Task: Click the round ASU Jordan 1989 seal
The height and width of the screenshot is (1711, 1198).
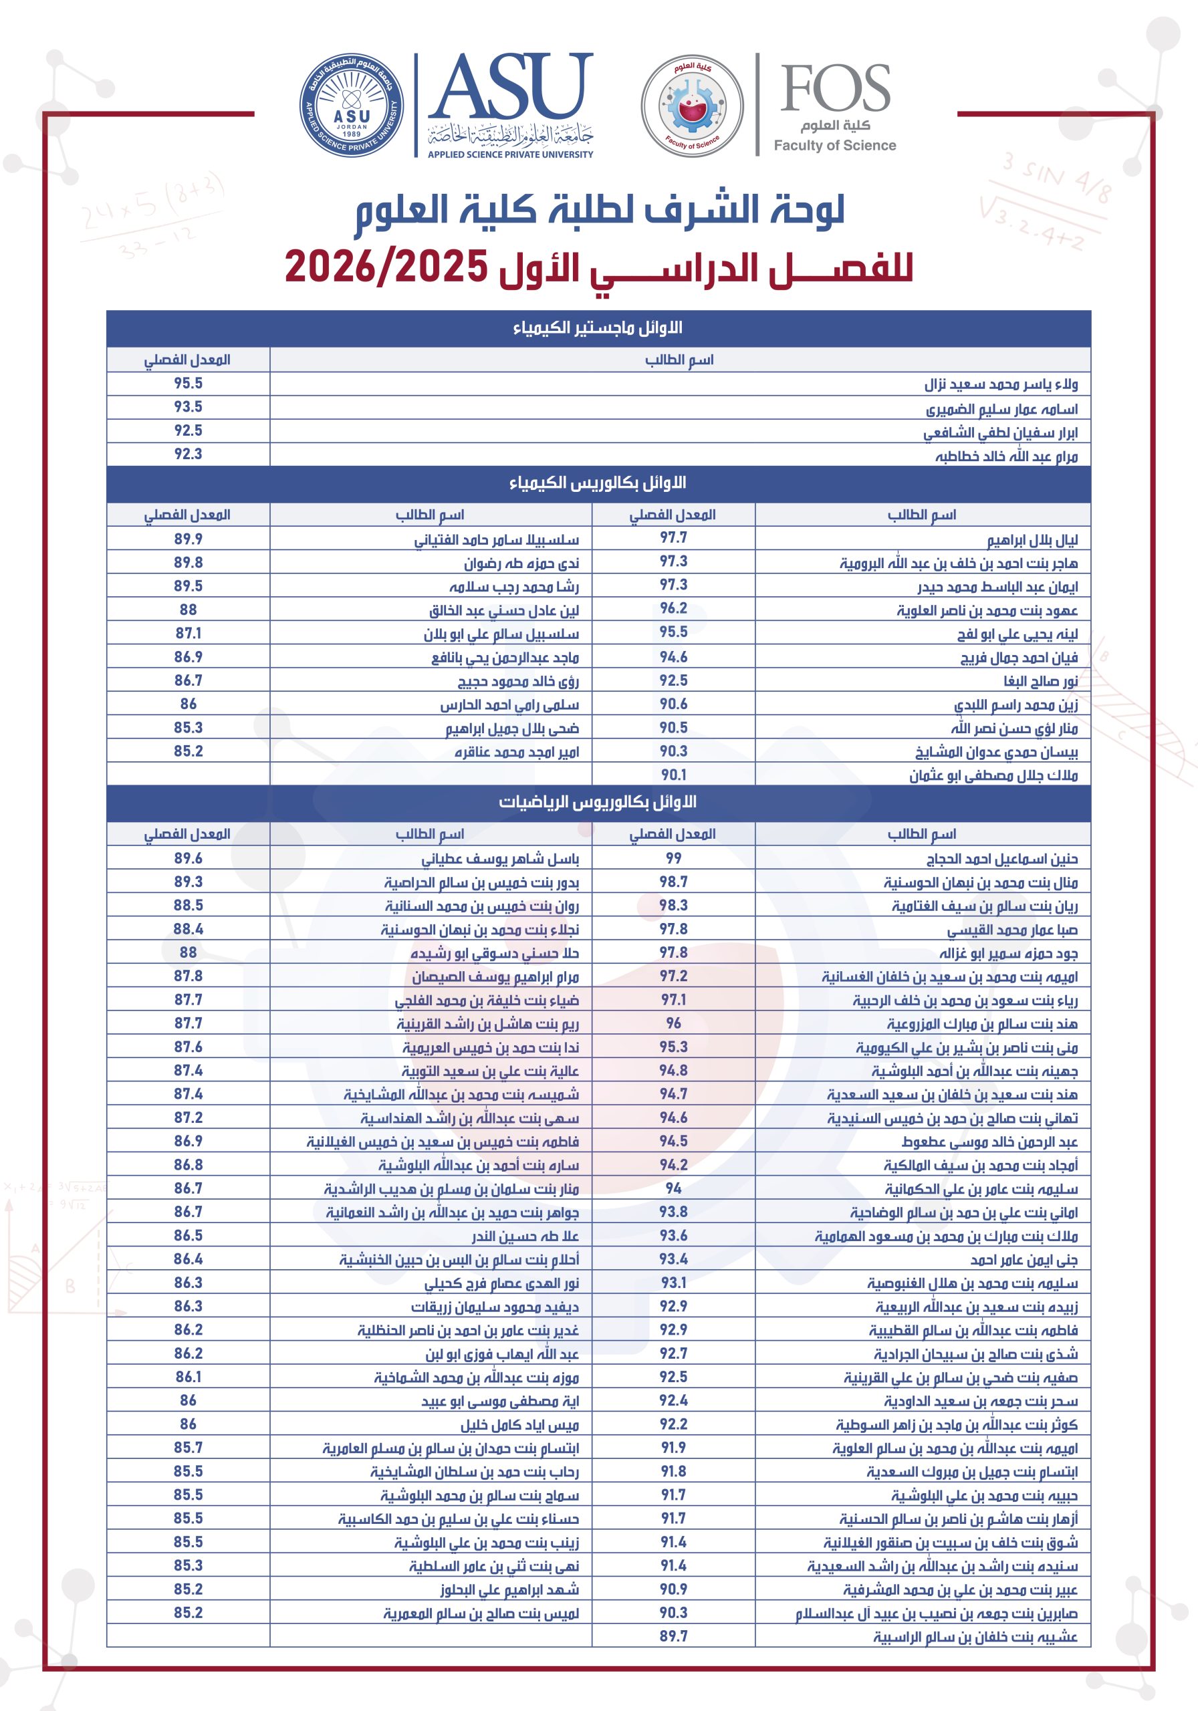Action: (351, 105)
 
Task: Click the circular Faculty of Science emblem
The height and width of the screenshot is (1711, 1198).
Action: (692, 106)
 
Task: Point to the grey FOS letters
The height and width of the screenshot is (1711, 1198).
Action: (835, 88)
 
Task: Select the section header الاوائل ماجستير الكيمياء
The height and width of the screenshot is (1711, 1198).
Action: (598, 328)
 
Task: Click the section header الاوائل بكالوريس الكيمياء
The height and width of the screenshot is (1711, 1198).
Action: (598, 483)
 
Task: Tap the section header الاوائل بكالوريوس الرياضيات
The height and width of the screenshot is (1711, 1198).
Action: (598, 802)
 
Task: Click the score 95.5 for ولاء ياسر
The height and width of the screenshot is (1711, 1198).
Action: (188, 383)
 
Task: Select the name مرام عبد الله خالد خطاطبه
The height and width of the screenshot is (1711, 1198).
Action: (1006, 455)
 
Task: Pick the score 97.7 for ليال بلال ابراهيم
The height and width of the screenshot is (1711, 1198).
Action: (673, 538)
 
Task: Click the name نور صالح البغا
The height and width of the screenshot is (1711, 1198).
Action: (1040, 680)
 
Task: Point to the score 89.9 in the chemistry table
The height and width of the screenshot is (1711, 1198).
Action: (188, 539)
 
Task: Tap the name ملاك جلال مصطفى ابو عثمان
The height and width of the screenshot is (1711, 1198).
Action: (993, 775)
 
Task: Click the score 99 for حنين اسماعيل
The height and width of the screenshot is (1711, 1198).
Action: (673, 858)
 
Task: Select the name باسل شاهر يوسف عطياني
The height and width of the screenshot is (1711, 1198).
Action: (500, 858)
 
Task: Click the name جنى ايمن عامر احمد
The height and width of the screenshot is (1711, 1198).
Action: (1024, 1259)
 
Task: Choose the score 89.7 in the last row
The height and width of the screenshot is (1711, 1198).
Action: (673, 1635)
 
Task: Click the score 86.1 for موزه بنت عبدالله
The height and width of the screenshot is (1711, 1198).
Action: (188, 1376)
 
